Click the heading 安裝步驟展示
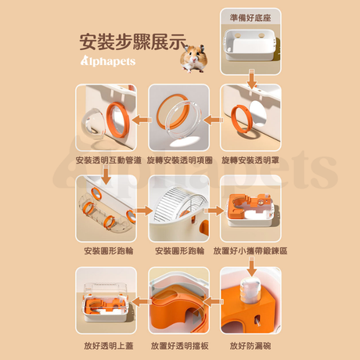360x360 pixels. pyautogui.click(x=133, y=41)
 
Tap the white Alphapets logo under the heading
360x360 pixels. pyautogui.click(x=108, y=61)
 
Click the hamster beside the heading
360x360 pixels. pyautogui.click(x=193, y=58)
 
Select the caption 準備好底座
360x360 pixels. pyautogui.click(x=250, y=18)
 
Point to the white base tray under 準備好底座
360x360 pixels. pyautogui.click(x=250, y=45)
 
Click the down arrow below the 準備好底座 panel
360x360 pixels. pyautogui.click(x=251, y=79)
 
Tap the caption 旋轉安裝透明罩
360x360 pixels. pyautogui.click(x=250, y=160)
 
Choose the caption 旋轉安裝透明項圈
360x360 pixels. pyautogui.click(x=179, y=160)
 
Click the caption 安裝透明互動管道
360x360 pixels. pyautogui.click(x=109, y=160)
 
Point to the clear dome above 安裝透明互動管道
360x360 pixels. pyautogui.click(x=93, y=123)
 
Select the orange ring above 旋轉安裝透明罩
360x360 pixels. pyautogui.click(x=242, y=119)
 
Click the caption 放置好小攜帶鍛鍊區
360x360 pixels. pyautogui.click(x=250, y=251)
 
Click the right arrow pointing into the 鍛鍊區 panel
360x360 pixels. pyautogui.click(x=214, y=211)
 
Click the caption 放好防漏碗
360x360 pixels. pyautogui.click(x=250, y=346)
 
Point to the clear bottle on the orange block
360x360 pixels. pyautogui.click(x=248, y=290)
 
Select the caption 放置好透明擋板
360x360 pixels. pyautogui.click(x=179, y=346)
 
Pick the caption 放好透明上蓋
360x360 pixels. pyautogui.click(x=109, y=346)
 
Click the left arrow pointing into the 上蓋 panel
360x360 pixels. pyautogui.click(x=142, y=302)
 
